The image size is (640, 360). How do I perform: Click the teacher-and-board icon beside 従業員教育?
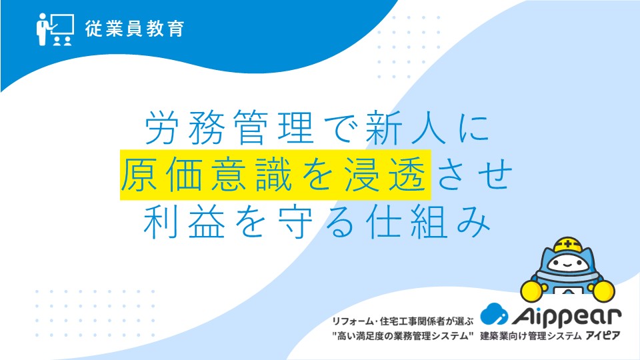pyautogui.click(x=55, y=29)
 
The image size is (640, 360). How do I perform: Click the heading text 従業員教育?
pyautogui.click(x=135, y=29)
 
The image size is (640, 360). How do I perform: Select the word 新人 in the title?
pyautogui.click(x=405, y=128)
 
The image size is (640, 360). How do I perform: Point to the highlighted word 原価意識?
pyautogui.click(x=207, y=175)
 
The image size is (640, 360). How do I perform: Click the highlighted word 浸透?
pyautogui.click(x=385, y=175)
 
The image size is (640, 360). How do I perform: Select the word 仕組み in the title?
pyautogui.click(x=429, y=221)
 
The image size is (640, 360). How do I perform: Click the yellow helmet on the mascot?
pyautogui.click(x=567, y=245)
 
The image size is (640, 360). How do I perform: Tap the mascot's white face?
pyautogui.click(x=567, y=263)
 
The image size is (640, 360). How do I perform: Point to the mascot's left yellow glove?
pyautogui.click(x=531, y=291)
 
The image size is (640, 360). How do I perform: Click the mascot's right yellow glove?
pyautogui.click(x=604, y=291)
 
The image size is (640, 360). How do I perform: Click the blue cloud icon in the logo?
pyautogui.click(x=494, y=314)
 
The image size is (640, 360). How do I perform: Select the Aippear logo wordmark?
pyautogui.click(x=567, y=315)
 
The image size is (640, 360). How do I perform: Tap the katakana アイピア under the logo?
pyautogui.click(x=603, y=336)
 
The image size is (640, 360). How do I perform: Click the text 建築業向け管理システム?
pyautogui.click(x=531, y=336)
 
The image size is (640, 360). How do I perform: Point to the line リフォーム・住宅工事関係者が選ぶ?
pyautogui.click(x=403, y=321)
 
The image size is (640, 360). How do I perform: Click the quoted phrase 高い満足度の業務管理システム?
pyautogui.click(x=403, y=336)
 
